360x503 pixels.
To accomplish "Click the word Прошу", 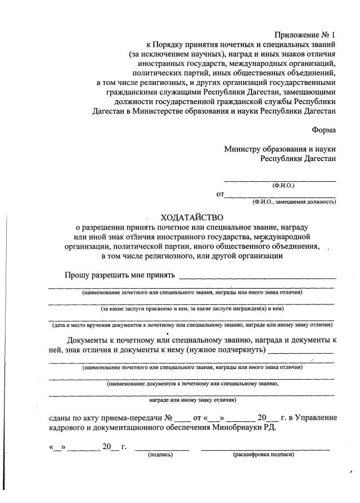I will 77,275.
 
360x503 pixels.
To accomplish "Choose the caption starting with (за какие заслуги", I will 192,308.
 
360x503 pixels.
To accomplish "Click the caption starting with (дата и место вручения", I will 192,325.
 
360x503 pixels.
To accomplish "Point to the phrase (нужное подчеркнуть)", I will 225,350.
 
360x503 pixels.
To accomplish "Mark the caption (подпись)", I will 160,455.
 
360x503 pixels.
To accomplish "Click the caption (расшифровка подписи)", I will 263,455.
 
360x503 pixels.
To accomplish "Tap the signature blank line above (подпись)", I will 161,449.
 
